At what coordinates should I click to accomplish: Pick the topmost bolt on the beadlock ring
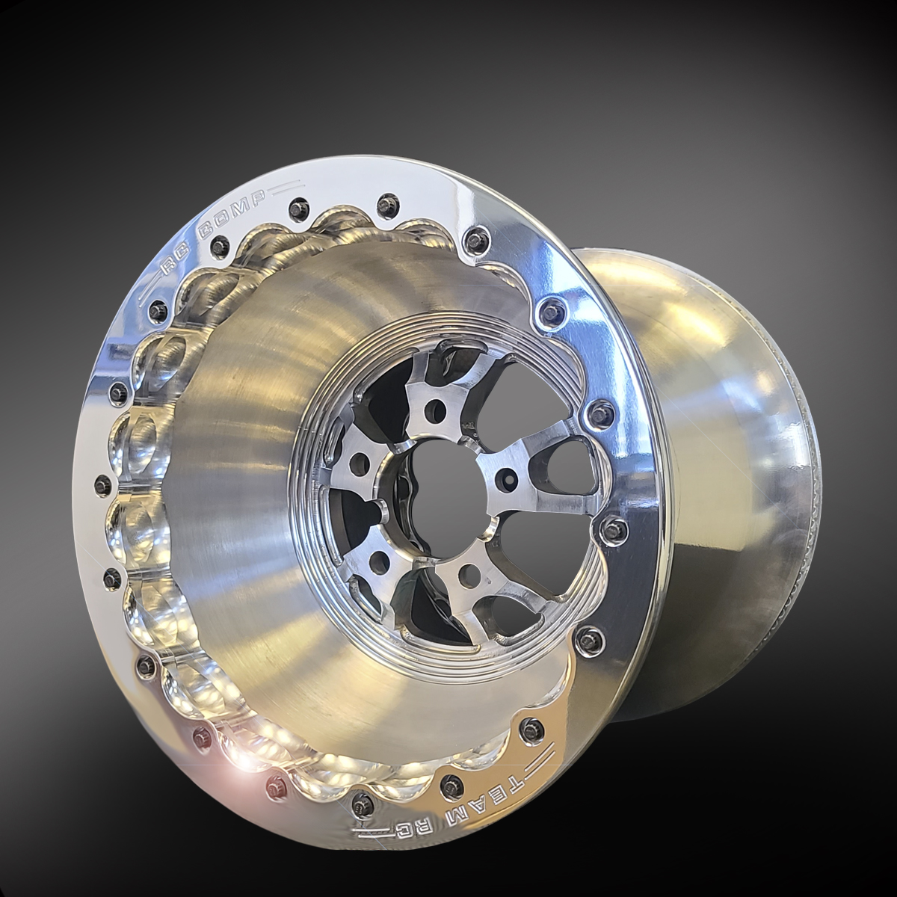(386, 202)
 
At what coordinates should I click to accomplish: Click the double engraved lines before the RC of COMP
(149, 292)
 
